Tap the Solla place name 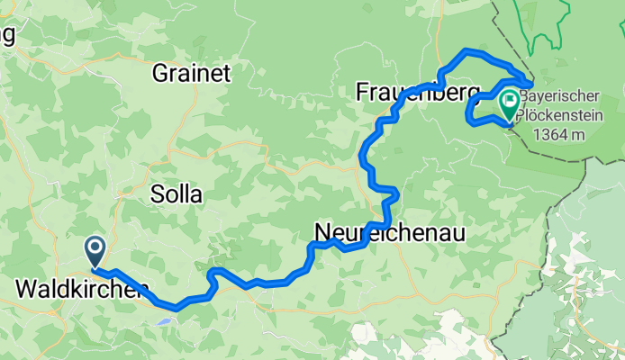coord(177,194)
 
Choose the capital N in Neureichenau coord(322,233)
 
